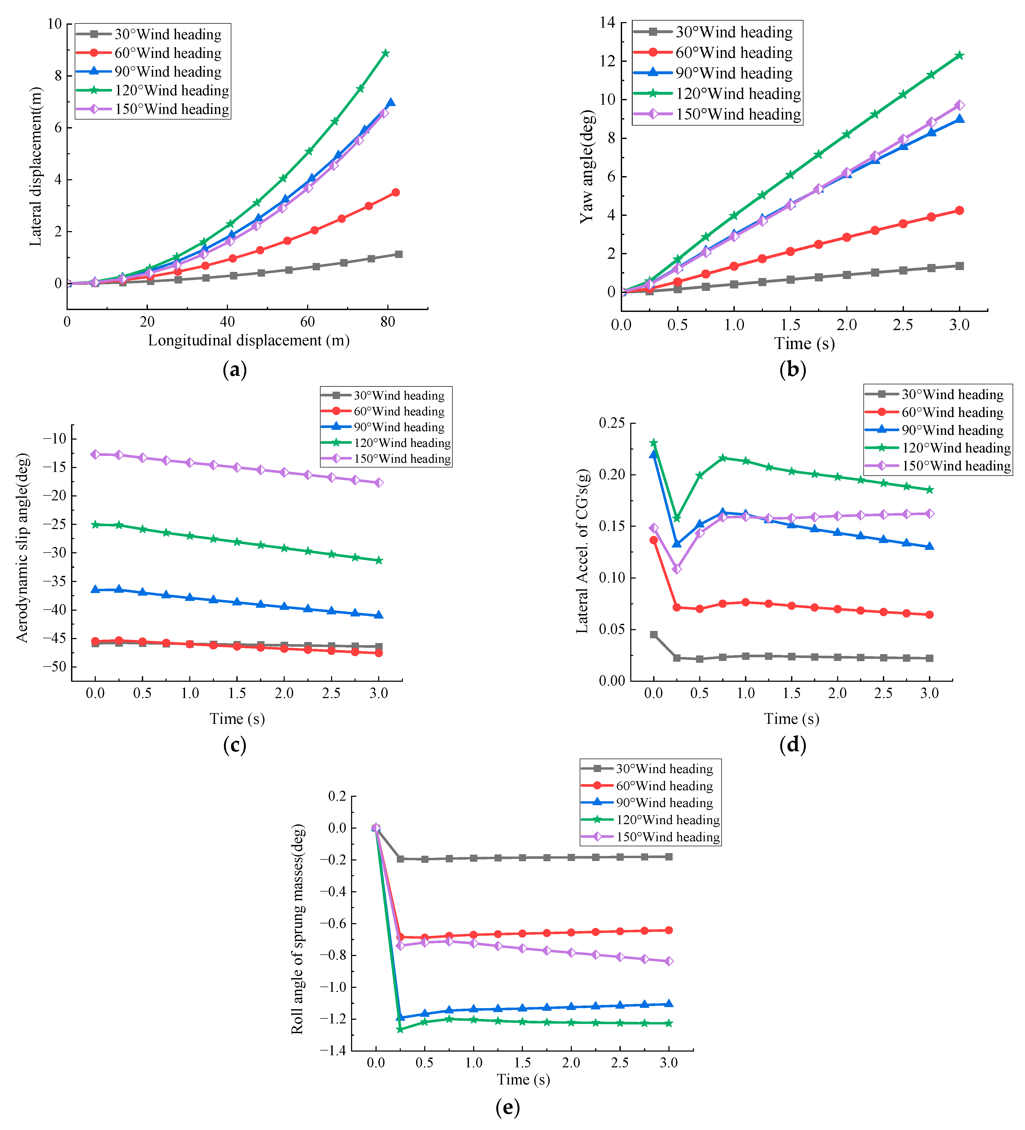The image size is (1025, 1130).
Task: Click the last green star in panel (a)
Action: [x=385, y=53]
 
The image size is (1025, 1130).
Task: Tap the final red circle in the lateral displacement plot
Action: [x=396, y=192]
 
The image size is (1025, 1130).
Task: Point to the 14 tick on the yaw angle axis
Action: [x=607, y=22]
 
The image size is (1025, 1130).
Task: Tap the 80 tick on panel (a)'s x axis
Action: [x=387, y=322]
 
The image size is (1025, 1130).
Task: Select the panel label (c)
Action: [x=234, y=745]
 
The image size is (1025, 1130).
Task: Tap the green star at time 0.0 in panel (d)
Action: [x=653, y=443]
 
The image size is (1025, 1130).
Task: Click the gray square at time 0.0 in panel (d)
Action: [x=653, y=635]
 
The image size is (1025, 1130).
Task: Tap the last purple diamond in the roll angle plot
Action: [x=669, y=961]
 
